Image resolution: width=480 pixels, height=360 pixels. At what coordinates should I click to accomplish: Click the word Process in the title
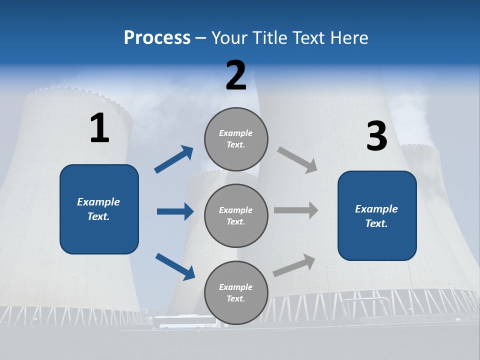click(157, 38)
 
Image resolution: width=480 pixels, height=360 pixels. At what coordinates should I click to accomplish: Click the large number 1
click(99, 128)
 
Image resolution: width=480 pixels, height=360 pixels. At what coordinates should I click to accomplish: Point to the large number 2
click(236, 75)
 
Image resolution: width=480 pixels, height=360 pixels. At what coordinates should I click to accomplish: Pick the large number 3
click(376, 136)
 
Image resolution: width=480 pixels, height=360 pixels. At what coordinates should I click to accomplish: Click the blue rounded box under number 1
click(99, 209)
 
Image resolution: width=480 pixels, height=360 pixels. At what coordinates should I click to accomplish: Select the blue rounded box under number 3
click(377, 216)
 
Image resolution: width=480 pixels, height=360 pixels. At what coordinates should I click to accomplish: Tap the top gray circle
click(236, 139)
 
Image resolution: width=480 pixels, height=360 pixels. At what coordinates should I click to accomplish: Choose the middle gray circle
click(236, 216)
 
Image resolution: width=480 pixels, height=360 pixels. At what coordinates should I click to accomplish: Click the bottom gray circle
click(236, 293)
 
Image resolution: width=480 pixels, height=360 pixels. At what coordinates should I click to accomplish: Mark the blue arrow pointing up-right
click(174, 159)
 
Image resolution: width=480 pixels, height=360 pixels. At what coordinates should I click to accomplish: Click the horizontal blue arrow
click(175, 211)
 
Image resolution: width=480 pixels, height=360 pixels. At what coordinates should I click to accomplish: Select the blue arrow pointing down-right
click(175, 266)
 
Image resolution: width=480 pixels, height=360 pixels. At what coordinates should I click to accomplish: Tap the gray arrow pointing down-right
click(297, 160)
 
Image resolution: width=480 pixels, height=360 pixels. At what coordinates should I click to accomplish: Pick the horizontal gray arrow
click(296, 210)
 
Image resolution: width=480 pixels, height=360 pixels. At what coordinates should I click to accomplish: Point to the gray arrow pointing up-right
click(294, 265)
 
